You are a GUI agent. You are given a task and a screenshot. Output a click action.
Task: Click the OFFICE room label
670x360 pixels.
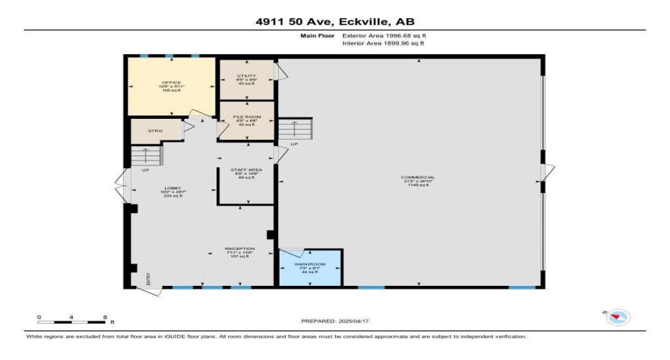click(171, 84)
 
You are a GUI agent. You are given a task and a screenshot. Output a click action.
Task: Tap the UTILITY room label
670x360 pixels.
click(246, 75)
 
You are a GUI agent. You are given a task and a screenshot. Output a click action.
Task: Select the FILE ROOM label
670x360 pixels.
click(246, 116)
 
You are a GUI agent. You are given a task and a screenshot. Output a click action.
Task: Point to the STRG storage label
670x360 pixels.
click(155, 131)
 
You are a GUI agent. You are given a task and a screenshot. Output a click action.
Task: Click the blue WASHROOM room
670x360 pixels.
click(311, 267)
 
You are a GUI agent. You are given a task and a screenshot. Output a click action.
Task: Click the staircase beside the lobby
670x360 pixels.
click(145, 156)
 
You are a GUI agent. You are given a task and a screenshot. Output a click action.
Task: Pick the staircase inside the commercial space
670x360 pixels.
click(296, 130)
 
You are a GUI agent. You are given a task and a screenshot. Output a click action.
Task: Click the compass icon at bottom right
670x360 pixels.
click(618, 316)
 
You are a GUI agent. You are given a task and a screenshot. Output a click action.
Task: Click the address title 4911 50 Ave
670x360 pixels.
click(334, 22)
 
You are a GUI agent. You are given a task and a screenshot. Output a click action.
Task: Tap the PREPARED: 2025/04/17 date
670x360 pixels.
click(334, 320)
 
